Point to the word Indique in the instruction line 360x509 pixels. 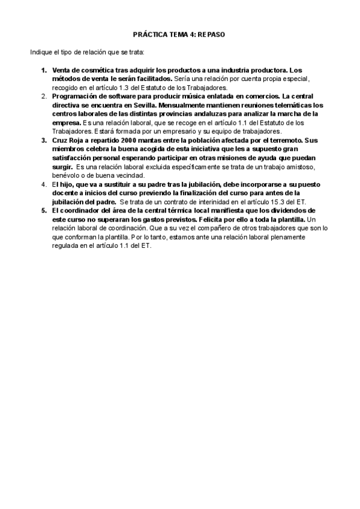pyautogui.click(x=41, y=52)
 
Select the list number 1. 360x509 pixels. pyautogui.click(x=44, y=70)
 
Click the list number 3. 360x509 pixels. pyautogui.click(x=44, y=140)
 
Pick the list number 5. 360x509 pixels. pyautogui.click(x=44, y=211)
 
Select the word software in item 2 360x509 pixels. pyautogui.click(x=119, y=96)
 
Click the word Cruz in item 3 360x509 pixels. pyautogui.click(x=60, y=140)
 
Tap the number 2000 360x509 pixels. pyautogui.click(x=131, y=140)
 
